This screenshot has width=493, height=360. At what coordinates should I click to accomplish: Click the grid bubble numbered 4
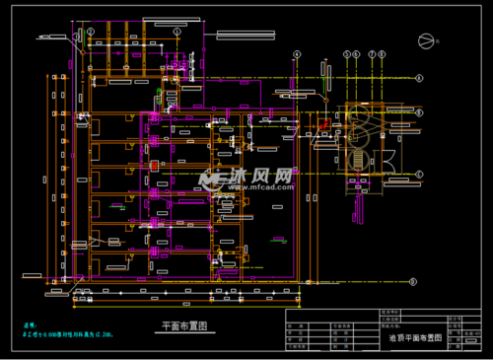[296, 53]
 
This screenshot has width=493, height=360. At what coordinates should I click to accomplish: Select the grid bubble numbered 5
[346, 53]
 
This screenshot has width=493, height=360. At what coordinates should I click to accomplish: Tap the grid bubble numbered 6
[357, 53]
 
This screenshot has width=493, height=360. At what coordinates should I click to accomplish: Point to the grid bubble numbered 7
[372, 53]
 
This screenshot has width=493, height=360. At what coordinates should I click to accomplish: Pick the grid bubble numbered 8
[383, 53]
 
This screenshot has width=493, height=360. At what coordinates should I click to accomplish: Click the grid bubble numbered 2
[90, 32]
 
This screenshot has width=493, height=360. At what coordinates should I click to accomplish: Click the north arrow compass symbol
[426, 40]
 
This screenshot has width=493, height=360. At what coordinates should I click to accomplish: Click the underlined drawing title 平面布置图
[184, 327]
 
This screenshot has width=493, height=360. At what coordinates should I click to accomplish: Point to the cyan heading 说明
[30, 324]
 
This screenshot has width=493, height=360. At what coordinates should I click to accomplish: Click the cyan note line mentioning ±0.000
[68, 335]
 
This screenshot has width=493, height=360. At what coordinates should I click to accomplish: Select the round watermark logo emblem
[210, 180]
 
